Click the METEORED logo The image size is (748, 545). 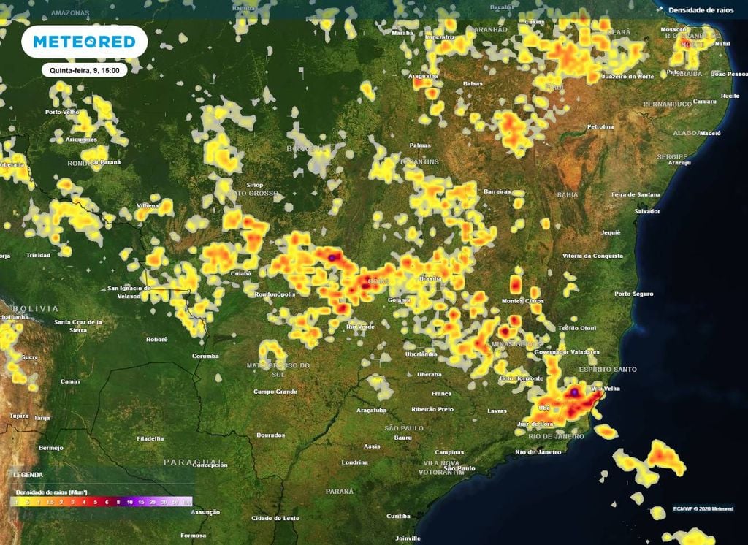pyautogui.click(x=84, y=42)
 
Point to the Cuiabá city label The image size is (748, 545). pyautogui.click(x=240, y=273)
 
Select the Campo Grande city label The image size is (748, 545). pyautogui.click(x=275, y=392)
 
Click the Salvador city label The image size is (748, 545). pyautogui.click(x=646, y=211)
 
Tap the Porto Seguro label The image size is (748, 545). pyautogui.click(x=633, y=294)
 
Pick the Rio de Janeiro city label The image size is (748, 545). pyautogui.click(x=538, y=452)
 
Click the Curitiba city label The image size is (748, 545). pyautogui.click(x=399, y=516)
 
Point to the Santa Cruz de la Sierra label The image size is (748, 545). pyautogui.click(x=78, y=326)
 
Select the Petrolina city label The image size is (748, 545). pyautogui.click(x=600, y=126)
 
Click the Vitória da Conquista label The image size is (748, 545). pyautogui.click(x=593, y=256)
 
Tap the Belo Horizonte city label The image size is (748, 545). pyautogui.click(x=521, y=378)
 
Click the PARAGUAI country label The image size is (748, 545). pyautogui.click(x=187, y=462)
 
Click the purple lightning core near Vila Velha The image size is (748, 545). pyautogui.click(x=575, y=393)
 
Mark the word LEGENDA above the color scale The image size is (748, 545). pyautogui.click(x=28, y=475)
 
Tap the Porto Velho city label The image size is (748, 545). pyautogui.click(x=62, y=112)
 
